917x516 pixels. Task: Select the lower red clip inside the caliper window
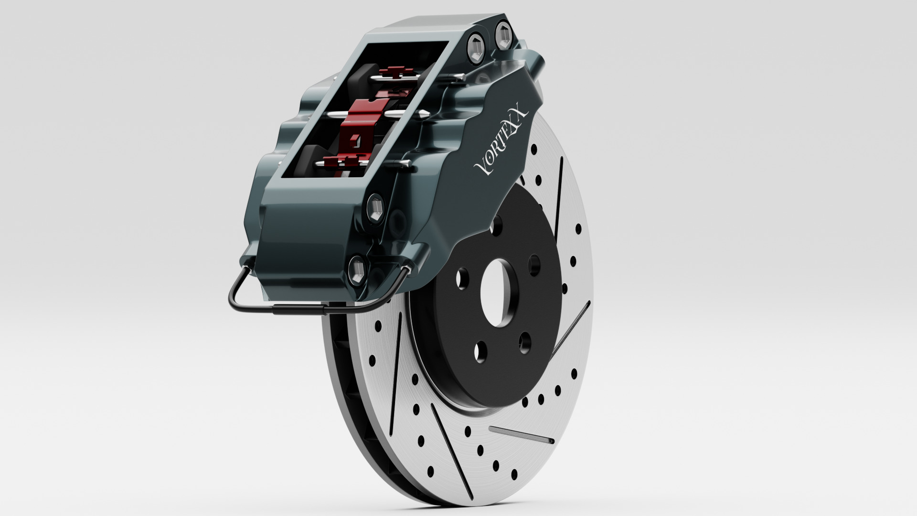pos(343,162)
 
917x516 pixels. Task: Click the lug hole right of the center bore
pos(534,265)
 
